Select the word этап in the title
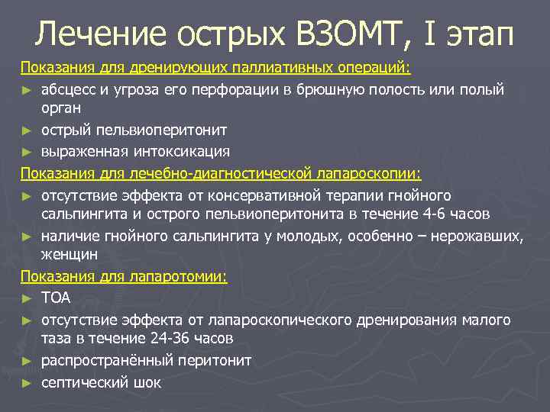click(x=479, y=34)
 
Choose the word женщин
click(x=70, y=254)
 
